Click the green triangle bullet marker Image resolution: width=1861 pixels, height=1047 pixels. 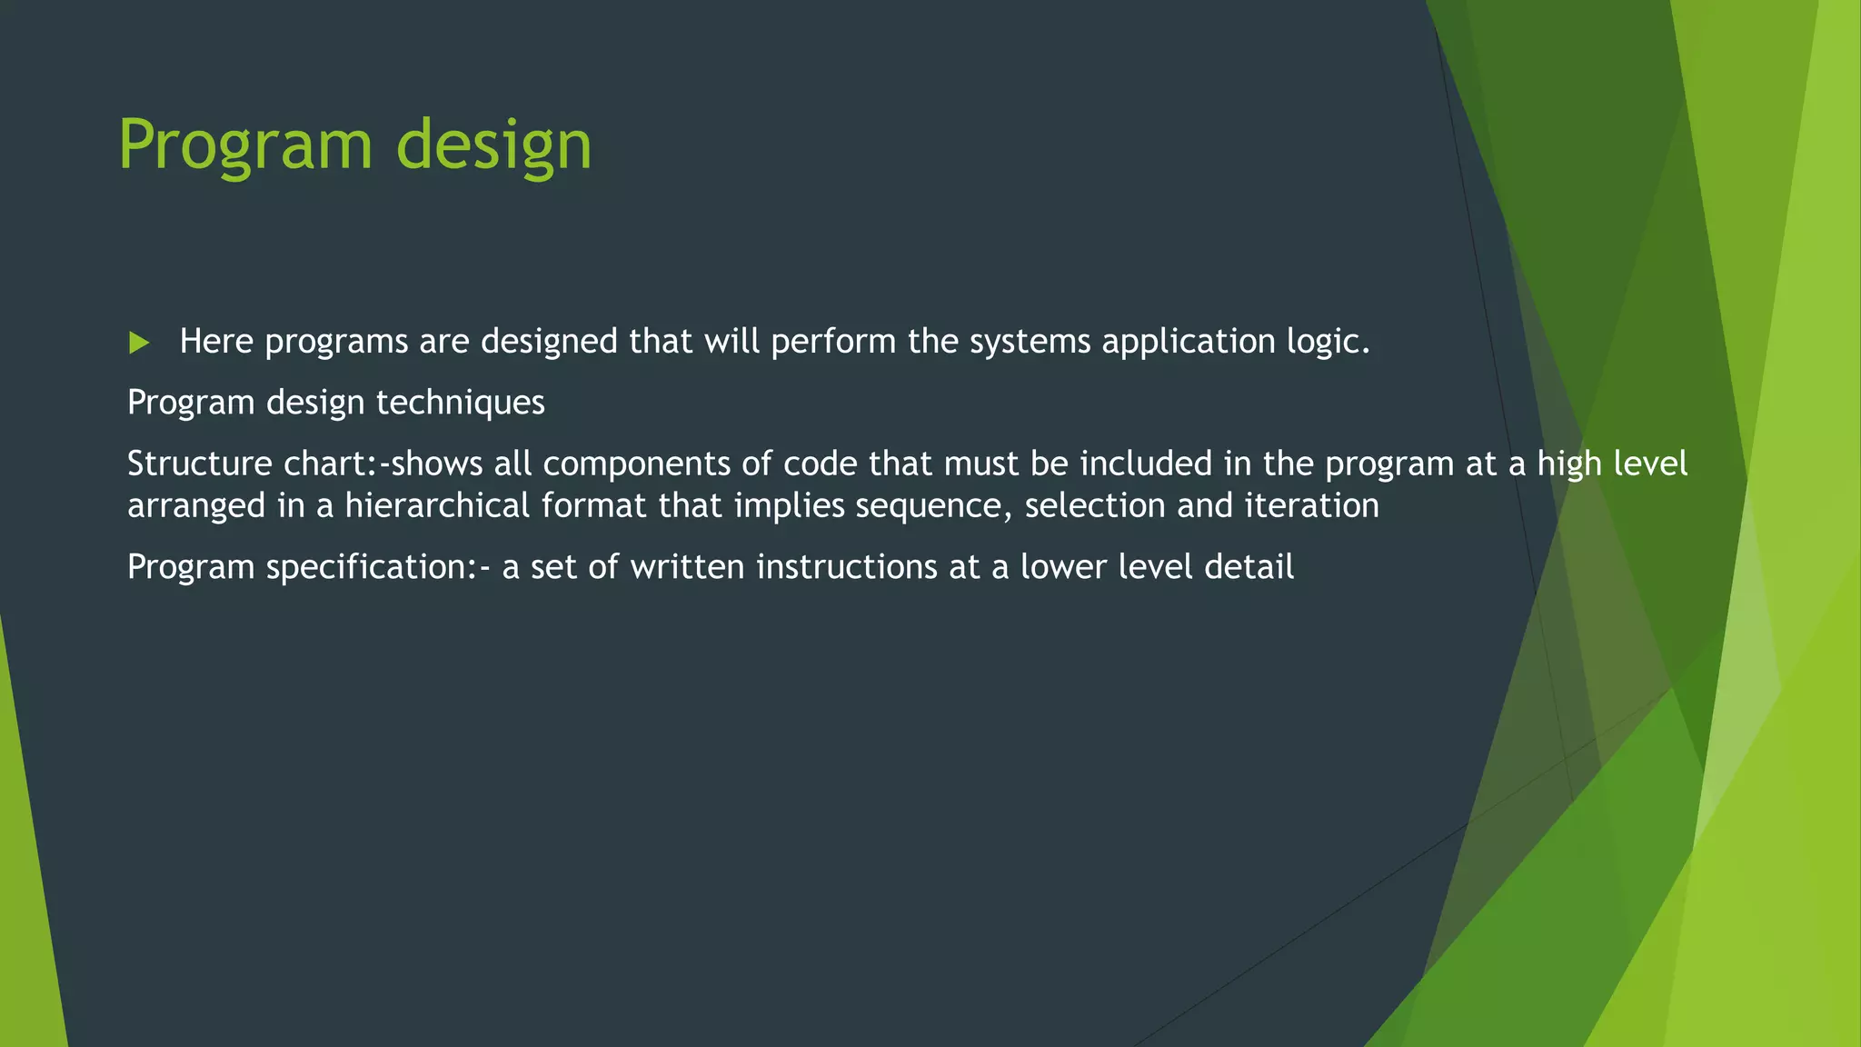click(x=139, y=343)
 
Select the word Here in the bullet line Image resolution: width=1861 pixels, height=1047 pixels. click(x=216, y=342)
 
